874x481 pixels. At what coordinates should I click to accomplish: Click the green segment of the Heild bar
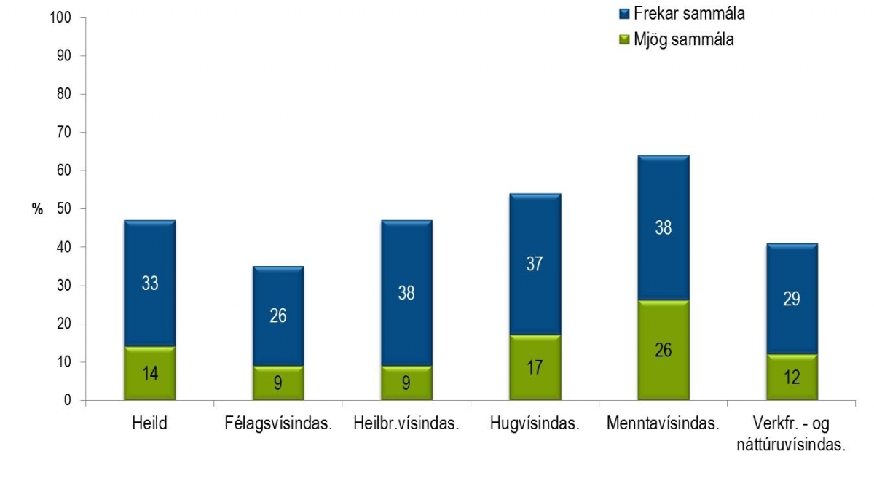point(149,373)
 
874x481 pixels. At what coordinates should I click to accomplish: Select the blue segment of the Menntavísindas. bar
point(664,227)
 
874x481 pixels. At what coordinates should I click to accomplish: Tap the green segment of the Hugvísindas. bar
point(535,367)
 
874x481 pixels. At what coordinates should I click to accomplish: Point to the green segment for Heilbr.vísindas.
point(406,383)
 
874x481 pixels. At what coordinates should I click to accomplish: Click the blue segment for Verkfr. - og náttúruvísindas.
point(792,299)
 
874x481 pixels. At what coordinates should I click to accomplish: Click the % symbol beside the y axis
point(37,209)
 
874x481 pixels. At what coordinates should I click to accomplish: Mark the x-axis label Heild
point(149,424)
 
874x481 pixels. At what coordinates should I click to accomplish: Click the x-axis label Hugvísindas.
point(535,424)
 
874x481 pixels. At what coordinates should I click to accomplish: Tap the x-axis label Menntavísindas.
point(664,424)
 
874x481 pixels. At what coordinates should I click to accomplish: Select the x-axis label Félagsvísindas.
point(278,424)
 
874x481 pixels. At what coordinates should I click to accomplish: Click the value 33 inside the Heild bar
point(149,283)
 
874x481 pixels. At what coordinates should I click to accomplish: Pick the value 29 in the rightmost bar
point(792,300)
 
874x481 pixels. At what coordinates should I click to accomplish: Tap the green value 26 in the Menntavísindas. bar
point(664,350)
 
